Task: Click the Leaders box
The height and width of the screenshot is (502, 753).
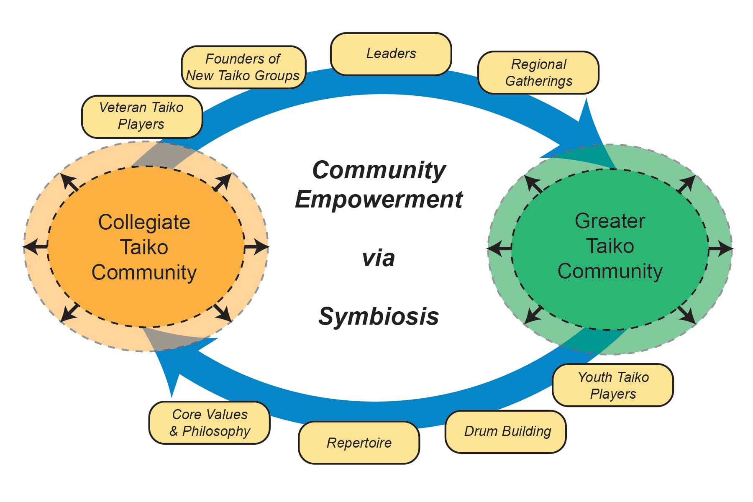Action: point(391,54)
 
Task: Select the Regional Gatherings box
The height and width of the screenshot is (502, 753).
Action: point(538,72)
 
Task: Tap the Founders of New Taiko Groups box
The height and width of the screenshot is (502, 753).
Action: point(243,67)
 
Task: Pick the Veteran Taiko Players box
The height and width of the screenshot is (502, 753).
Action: point(142,116)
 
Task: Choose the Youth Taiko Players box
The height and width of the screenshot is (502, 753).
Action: point(613,385)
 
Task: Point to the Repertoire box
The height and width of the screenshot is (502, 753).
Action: point(359,443)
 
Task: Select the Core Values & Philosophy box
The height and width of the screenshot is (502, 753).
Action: point(210,423)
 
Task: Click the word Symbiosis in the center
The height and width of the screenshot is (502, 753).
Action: point(379,316)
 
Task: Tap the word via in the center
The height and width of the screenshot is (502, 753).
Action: point(378,258)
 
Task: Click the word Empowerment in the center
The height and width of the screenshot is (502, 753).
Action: point(379,199)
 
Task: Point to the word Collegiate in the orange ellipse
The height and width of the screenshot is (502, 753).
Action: point(144,222)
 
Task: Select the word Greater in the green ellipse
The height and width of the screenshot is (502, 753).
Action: point(610,221)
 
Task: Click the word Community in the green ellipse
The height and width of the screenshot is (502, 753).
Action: point(610,271)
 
